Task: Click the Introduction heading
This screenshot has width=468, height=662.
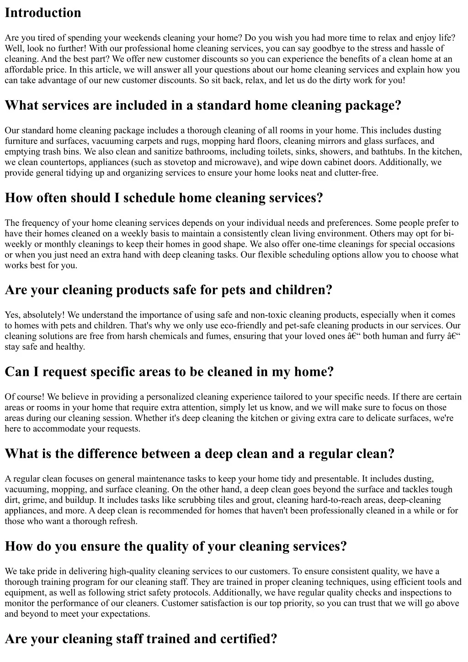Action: coord(43,13)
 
